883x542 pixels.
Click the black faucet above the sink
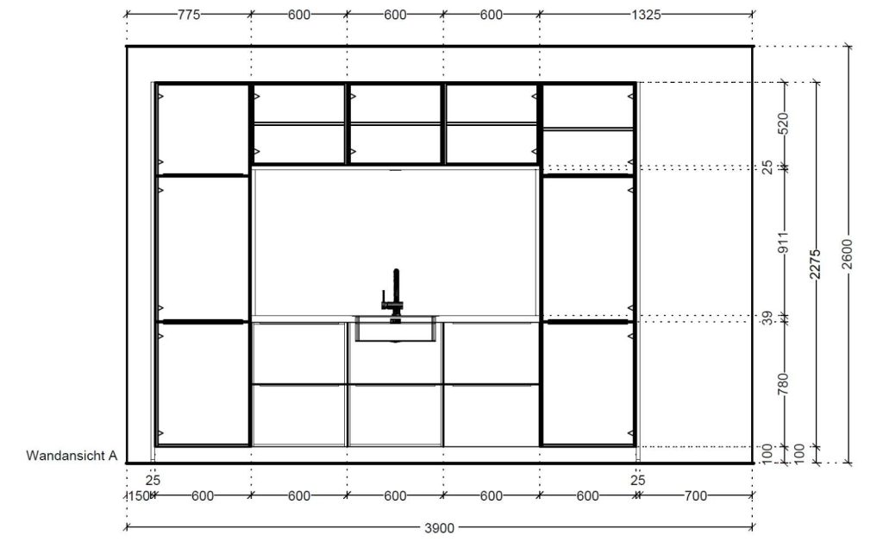click(x=395, y=293)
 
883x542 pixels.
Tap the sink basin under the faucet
click(x=395, y=329)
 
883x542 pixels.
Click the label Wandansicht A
click(x=72, y=455)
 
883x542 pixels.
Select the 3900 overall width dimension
click(x=439, y=528)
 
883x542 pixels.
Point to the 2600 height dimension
click(x=849, y=255)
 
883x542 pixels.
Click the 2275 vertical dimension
click(x=816, y=264)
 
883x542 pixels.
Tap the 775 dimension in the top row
click(x=189, y=15)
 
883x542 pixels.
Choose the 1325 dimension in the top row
click(x=645, y=15)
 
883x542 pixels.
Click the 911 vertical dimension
click(x=783, y=243)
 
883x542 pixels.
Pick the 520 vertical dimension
click(x=783, y=124)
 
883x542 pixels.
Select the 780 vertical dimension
click(x=783, y=384)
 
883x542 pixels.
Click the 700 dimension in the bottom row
click(x=696, y=495)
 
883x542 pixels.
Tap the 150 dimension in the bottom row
click(x=139, y=495)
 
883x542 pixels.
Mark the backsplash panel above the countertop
click(x=395, y=243)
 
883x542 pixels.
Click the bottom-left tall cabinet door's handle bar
click(x=203, y=322)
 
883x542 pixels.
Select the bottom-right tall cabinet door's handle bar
click(x=588, y=322)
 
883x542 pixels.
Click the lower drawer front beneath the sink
click(x=395, y=415)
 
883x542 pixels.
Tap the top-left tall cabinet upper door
click(x=203, y=129)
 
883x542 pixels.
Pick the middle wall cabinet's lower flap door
click(x=395, y=143)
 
